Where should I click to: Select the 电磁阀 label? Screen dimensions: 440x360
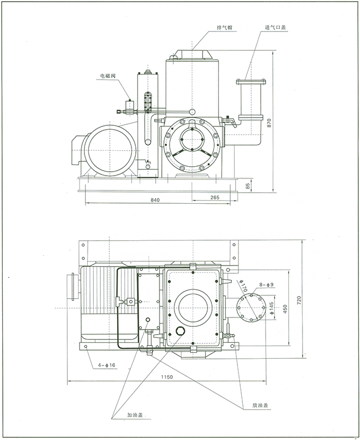[x=108, y=77]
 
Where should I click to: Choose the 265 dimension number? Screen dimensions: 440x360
[x=215, y=198]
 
